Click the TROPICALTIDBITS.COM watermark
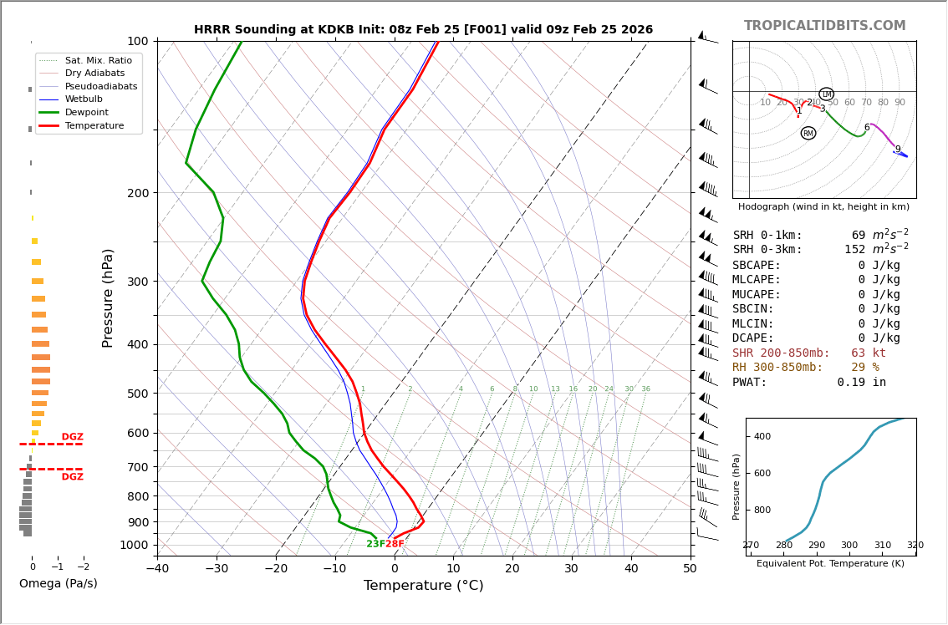824,26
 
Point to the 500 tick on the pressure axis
137,394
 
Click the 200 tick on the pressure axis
137,193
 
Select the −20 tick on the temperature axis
276,569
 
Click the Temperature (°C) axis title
423,586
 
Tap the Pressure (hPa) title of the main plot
108,297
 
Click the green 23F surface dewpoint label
375,544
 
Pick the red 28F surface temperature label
395,544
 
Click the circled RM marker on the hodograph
808,133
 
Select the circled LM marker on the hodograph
826,94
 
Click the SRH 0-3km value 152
854,250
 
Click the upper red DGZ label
73,437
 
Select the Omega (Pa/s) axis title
59,584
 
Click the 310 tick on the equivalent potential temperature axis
883,546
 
